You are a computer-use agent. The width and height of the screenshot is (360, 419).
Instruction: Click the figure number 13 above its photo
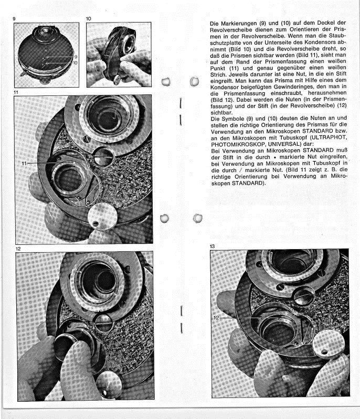pos(213,245)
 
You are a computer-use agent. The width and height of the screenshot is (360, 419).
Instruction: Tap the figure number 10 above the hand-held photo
pos(89,19)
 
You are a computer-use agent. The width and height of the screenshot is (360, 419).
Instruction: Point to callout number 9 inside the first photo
pos(76,56)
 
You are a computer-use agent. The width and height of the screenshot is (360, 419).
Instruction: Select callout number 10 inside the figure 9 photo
pos(76,63)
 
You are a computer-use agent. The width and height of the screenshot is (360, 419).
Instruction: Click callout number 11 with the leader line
pos(24,164)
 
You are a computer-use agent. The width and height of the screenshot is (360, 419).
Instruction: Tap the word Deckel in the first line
pos(323,24)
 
